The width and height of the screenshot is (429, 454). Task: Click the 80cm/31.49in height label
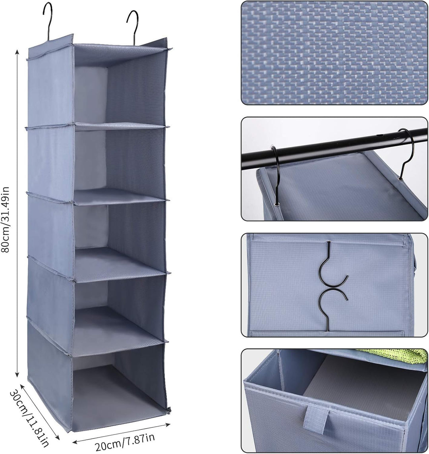(6, 219)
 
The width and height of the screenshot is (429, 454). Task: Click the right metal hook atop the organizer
(133, 27)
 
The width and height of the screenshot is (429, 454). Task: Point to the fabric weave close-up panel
(334, 53)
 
